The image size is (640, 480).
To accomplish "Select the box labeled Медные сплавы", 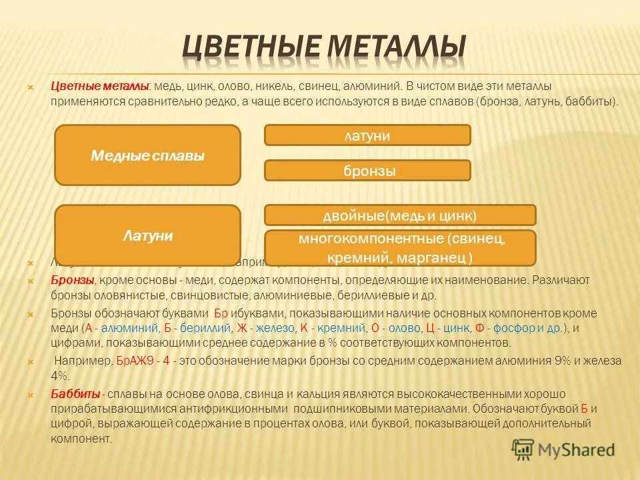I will [x=147, y=155].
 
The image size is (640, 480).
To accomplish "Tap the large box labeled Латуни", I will [x=147, y=235].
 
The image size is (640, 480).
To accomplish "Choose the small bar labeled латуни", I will [x=367, y=135].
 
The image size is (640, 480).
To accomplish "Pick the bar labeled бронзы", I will [x=367, y=171].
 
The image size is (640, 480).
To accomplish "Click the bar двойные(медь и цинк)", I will [x=400, y=215].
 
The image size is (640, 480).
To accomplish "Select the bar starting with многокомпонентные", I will [x=400, y=247].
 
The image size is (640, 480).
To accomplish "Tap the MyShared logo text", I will [x=577, y=450].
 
